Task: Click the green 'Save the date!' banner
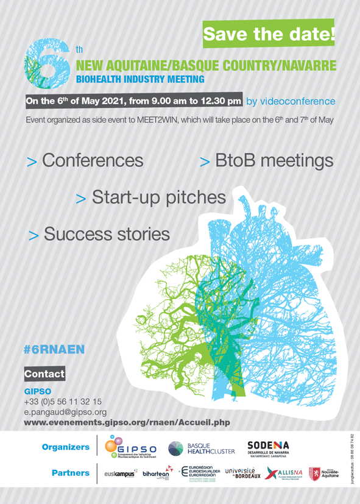coord(269,34)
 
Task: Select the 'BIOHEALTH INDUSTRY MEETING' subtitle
coord(141,79)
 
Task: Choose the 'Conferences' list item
coord(86,161)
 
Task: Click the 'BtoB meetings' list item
coord(267,161)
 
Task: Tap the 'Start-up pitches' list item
coord(150,197)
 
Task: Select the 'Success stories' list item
coord(99,234)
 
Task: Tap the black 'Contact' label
coord(44,373)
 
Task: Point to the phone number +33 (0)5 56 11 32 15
coord(63,402)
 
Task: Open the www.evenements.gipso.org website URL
coord(127,422)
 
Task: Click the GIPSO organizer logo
coord(130,449)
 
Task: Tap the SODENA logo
coord(268,449)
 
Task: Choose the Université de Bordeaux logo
coord(242,473)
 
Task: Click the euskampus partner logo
coord(121,474)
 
